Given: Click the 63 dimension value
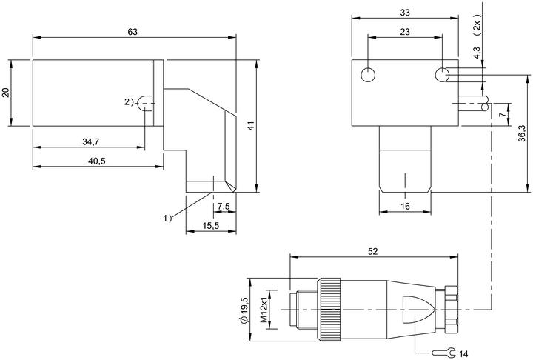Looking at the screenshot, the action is pyautogui.click(x=133, y=32).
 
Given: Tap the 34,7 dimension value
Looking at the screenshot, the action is pyautogui.click(x=91, y=142).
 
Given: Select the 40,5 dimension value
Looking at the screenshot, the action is pyautogui.click(x=97, y=161).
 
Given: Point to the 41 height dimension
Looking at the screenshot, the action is pyautogui.click(x=251, y=126).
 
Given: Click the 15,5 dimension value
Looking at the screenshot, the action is pyautogui.click(x=211, y=226).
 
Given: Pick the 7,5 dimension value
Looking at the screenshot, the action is pyautogui.click(x=224, y=206).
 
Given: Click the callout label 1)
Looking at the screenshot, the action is pyautogui.click(x=167, y=218).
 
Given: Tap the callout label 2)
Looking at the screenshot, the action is pyautogui.click(x=129, y=101).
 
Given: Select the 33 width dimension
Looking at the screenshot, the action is pyautogui.click(x=405, y=13).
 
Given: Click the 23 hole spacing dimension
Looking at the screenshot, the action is pyautogui.click(x=405, y=32).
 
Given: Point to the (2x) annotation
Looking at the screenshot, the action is pyautogui.click(x=477, y=24).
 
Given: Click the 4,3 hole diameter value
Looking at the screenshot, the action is pyautogui.click(x=477, y=53).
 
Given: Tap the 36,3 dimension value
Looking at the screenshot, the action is pyautogui.click(x=522, y=133).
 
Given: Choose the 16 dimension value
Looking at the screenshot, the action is pyautogui.click(x=405, y=206).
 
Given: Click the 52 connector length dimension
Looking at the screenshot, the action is pyautogui.click(x=373, y=251).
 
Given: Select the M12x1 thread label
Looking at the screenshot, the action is pyautogui.click(x=264, y=310).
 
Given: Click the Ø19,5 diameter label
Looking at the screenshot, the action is pyautogui.click(x=244, y=310).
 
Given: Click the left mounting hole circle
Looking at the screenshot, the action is pyautogui.click(x=368, y=75).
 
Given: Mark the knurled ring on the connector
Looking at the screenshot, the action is pyautogui.click(x=329, y=310).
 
